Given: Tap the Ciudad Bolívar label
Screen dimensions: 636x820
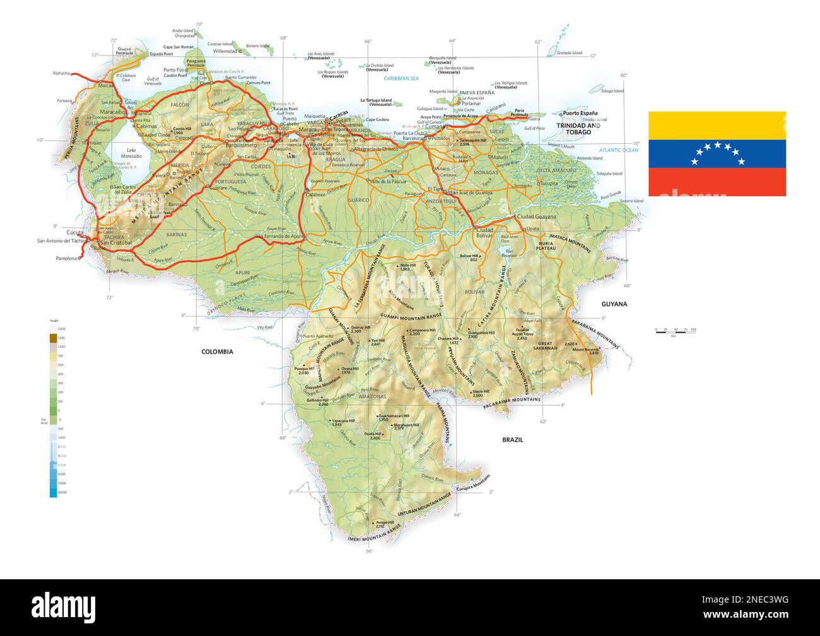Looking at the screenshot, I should pos(484,233).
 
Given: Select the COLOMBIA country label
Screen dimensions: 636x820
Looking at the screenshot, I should pos(217,352).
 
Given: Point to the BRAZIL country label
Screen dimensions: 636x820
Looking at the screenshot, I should pos(512,440).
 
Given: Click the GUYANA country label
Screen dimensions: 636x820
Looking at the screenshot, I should pos(614,304).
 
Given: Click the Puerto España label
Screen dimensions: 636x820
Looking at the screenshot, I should pos(580,113).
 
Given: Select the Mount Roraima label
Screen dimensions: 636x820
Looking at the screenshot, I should pos(585,350).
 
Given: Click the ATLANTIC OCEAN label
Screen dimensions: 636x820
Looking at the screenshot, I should pos(619,150).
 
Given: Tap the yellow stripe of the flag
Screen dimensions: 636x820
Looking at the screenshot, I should pos(717,125).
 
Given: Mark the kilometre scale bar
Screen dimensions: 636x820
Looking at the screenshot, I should pos(675,332).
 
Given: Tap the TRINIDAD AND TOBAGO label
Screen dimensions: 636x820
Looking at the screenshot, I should pos(578,129).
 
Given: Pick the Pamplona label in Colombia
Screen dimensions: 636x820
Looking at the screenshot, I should pos(66,258).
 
